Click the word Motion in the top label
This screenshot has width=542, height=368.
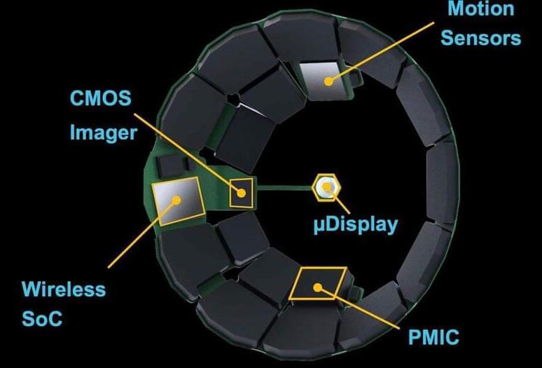pyautogui.click(x=480, y=9)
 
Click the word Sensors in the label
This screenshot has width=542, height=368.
pyautogui.click(x=480, y=37)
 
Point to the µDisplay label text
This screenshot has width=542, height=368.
pyautogui.click(x=354, y=226)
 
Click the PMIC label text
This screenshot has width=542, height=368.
pyautogui.click(x=433, y=337)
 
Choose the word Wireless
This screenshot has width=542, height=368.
pyautogui.click(x=64, y=289)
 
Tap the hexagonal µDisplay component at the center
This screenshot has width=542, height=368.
pyautogui.click(x=326, y=187)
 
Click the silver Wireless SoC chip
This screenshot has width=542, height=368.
pyautogui.click(x=177, y=200)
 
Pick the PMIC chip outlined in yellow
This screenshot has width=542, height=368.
pyautogui.click(x=318, y=283)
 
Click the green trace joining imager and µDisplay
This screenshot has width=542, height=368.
pyautogui.click(x=284, y=187)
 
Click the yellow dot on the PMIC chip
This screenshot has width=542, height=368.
pyautogui.click(x=318, y=287)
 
